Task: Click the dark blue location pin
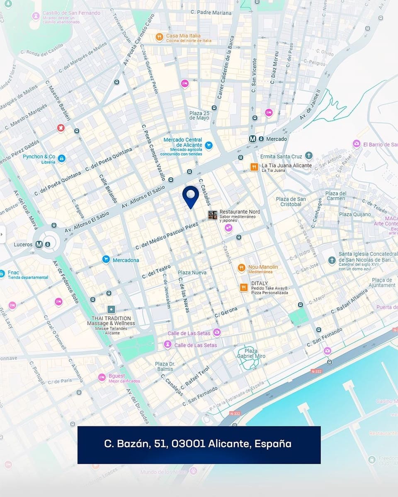[191, 195]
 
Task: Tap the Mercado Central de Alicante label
[183, 142]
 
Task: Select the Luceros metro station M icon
[39, 244]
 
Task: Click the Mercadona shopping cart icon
[106, 260]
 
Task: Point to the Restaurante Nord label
[240, 212]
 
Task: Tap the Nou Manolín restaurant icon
[242, 268]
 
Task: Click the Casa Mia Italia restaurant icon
[159, 37]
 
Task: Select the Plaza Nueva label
[192, 273]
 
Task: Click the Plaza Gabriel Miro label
[251, 353]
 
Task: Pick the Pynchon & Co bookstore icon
[61, 158]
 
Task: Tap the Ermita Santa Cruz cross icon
[308, 156]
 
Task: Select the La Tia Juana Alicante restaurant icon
[254, 167]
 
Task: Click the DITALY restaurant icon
[244, 287]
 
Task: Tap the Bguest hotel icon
[102, 377]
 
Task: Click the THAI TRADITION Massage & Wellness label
[111, 321]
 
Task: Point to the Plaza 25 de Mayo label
[199, 116]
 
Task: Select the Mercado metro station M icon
[252, 139]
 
